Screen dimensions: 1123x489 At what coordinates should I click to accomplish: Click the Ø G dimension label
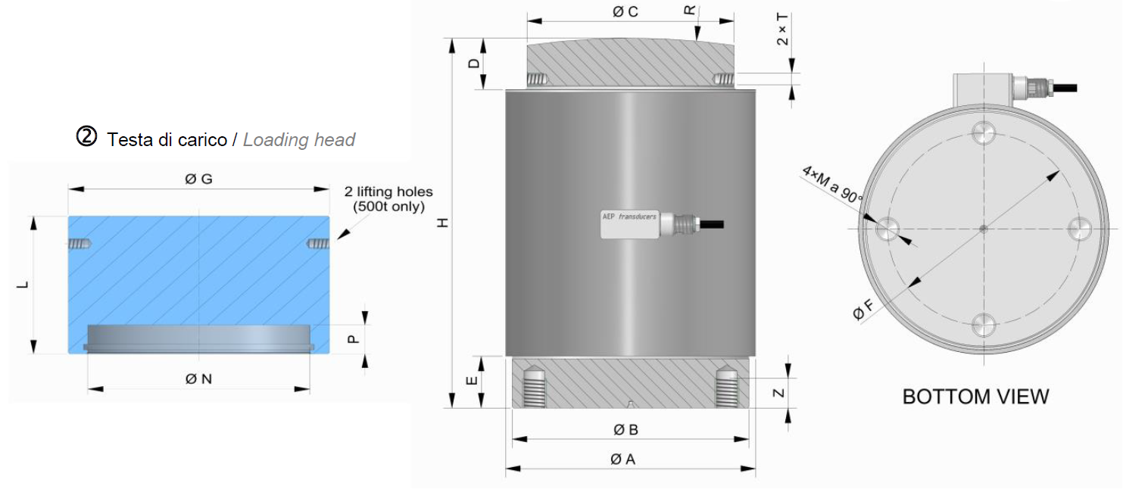[x=198, y=179]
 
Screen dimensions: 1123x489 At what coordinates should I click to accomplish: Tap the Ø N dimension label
[x=198, y=378]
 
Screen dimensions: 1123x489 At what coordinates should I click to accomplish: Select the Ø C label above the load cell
[x=625, y=11]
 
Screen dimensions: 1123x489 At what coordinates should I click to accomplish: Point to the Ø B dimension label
[x=625, y=429]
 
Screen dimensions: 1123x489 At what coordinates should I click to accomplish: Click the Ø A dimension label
[x=623, y=459]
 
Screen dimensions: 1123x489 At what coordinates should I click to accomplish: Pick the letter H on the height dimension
[x=443, y=223]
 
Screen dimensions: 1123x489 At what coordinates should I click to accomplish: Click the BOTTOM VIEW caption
[x=975, y=397]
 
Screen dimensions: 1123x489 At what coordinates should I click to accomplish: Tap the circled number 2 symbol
[x=86, y=136]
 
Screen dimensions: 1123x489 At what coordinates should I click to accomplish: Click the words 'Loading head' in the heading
[x=299, y=140]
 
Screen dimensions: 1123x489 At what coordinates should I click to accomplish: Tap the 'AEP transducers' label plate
[x=630, y=225]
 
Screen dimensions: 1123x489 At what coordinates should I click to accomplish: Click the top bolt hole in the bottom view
[x=984, y=132]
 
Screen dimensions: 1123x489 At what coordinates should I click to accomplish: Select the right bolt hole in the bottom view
[x=1079, y=229]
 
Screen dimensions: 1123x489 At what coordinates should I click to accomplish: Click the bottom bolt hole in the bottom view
[x=984, y=325]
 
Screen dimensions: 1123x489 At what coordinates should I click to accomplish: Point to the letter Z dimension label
[x=778, y=393]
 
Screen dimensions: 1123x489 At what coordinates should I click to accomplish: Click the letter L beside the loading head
[x=23, y=285]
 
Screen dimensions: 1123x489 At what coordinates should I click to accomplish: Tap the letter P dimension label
[x=354, y=340]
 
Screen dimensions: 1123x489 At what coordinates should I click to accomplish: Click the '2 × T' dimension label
[x=782, y=30]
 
